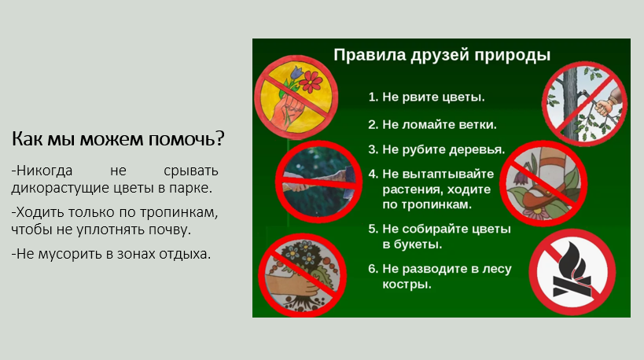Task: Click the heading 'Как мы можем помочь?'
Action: [x=118, y=139]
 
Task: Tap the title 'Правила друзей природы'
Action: [x=441, y=55]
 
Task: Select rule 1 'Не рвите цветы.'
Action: [x=427, y=97]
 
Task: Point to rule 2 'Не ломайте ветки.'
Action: [x=432, y=124]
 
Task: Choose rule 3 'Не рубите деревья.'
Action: [x=436, y=149]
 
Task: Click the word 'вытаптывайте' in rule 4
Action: [x=438, y=174]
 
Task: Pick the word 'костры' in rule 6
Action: [x=407, y=284]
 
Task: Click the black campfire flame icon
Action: [x=572, y=270]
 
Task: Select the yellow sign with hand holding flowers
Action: [x=296, y=97]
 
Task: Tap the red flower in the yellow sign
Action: [x=311, y=81]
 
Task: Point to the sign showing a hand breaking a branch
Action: [x=584, y=104]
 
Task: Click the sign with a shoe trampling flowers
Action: [x=544, y=183]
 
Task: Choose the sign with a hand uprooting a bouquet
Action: [x=302, y=275]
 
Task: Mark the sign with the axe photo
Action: [x=318, y=182]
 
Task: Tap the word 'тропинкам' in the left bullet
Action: [x=178, y=213]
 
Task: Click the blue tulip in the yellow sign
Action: [x=296, y=73]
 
